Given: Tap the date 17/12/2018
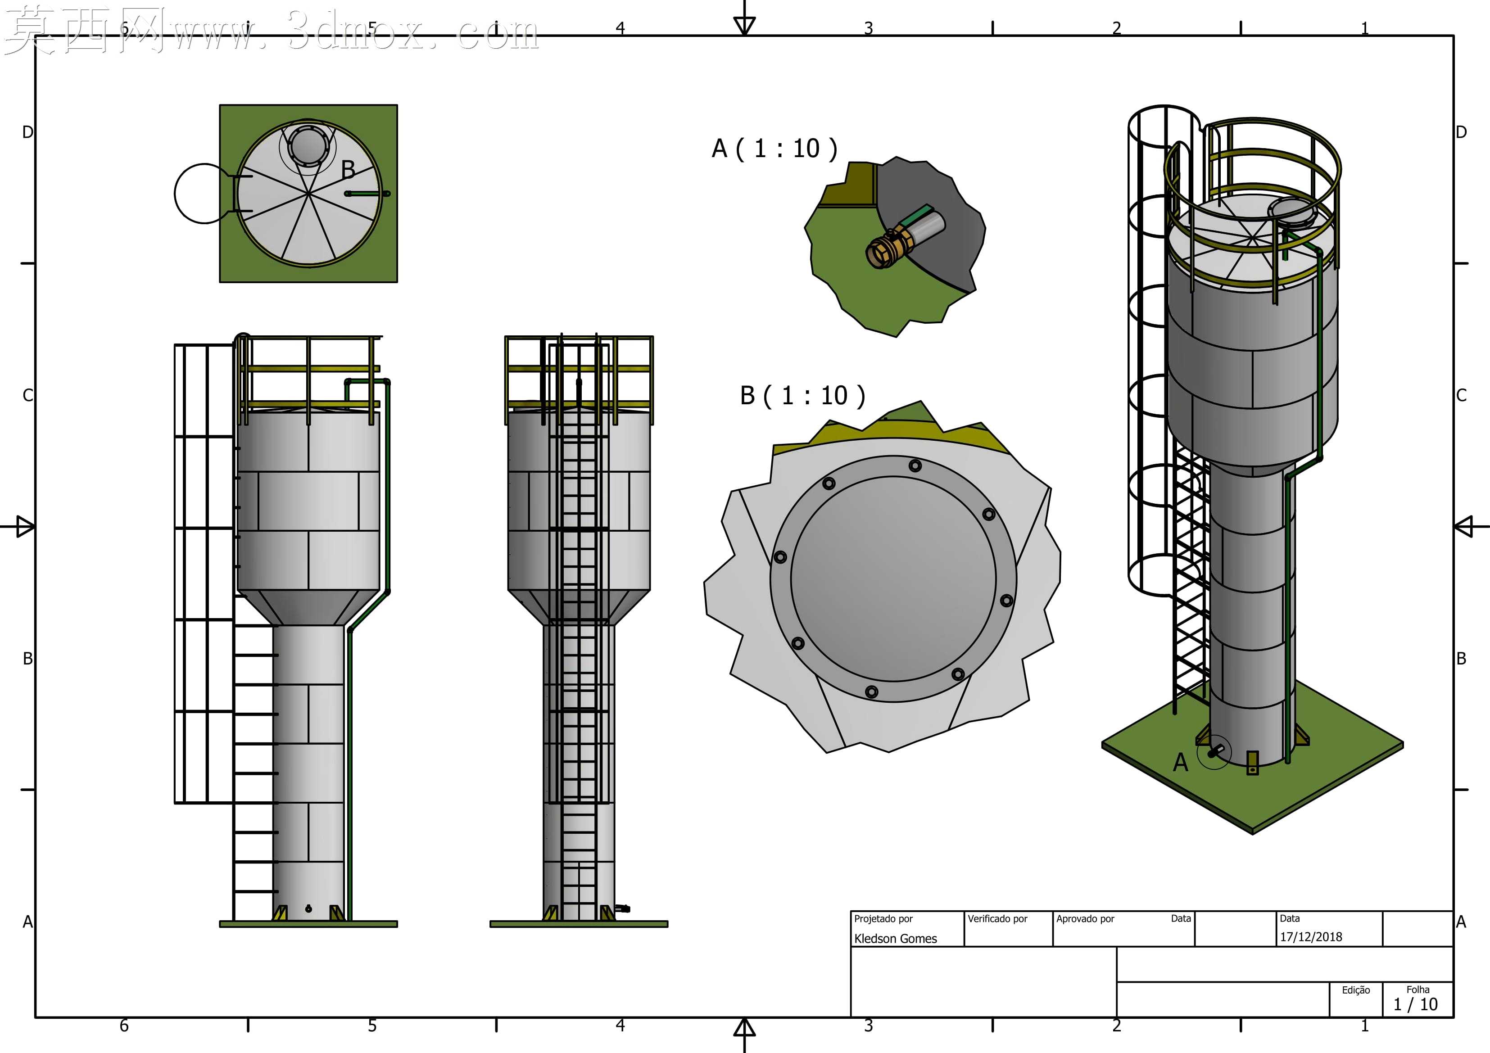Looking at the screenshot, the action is [1310, 936].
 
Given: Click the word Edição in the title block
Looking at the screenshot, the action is [1356, 990].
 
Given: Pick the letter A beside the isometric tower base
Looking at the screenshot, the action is [1181, 762].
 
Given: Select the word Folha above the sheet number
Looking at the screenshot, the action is [1418, 990].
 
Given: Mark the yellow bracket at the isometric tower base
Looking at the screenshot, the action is [1253, 763].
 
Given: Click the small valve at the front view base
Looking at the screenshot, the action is [622, 908].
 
